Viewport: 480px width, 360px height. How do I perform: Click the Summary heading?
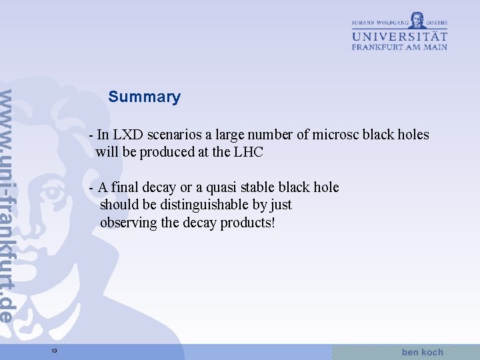(x=144, y=97)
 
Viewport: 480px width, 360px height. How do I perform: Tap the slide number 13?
(x=55, y=351)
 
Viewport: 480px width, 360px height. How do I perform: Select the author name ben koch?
(x=422, y=351)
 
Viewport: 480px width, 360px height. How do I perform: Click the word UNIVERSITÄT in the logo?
(x=399, y=35)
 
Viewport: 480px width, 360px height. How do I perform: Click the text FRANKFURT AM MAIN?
(x=399, y=47)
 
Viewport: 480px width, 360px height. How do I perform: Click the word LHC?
(x=249, y=152)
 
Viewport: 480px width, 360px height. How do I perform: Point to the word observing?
(x=129, y=222)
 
